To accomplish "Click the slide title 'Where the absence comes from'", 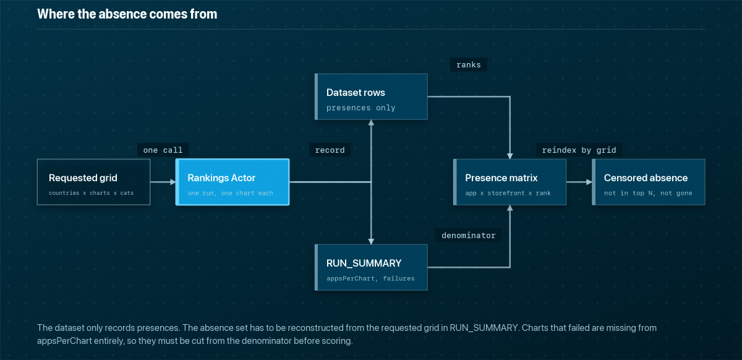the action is tap(127, 14).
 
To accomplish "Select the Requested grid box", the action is tap(94, 182).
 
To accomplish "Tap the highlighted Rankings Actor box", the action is tap(232, 182).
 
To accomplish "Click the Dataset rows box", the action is tap(371, 96).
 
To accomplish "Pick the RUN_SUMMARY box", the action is tap(371, 267).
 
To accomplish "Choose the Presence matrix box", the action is tap(510, 182).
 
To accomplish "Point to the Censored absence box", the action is tap(649, 182).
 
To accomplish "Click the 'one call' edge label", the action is tap(163, 150).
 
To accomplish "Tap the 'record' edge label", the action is tap(330, 150).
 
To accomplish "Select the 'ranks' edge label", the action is tap(469, 65).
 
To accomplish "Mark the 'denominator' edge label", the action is tap(469, 236).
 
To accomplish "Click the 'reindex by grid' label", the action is tap(579, 150).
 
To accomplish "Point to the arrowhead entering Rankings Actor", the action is tap(173, 182).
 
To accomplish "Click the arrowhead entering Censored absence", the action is tap(589, 182).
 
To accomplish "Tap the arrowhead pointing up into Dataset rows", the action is tap(371, 122).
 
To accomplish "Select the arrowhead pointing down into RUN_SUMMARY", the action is tap(371, 242).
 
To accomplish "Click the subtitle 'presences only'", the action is tap(360, 108).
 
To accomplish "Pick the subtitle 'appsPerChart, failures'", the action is tap(370, 278).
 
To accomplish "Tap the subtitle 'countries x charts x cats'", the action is tap(91, 193).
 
